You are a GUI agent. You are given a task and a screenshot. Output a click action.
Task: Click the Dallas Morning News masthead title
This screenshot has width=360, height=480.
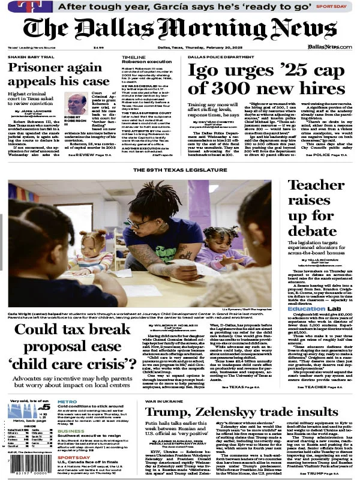(179, 29)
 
